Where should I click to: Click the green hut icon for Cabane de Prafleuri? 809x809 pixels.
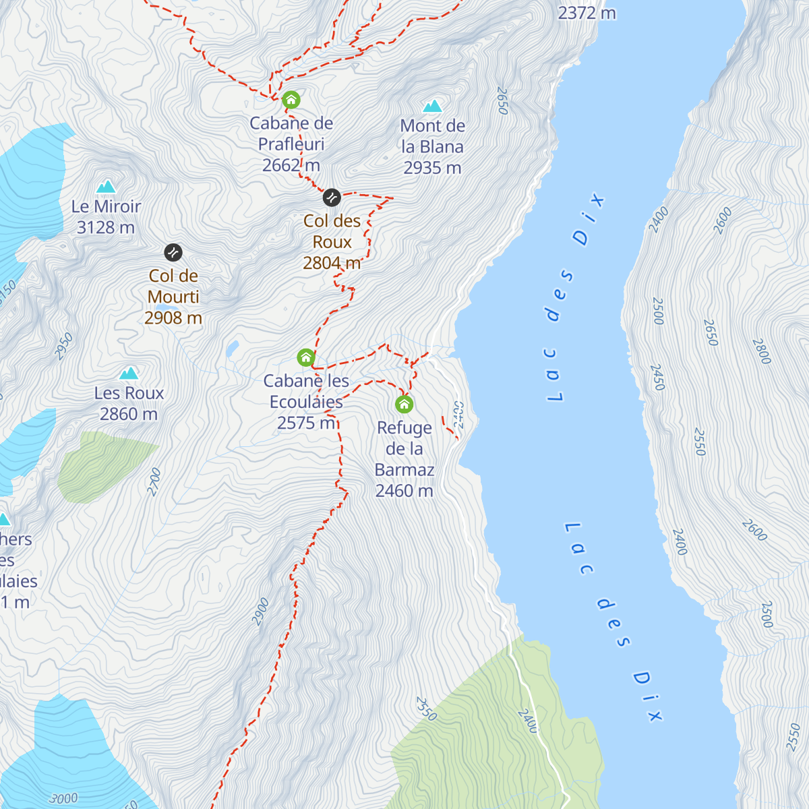[x=291, y=100]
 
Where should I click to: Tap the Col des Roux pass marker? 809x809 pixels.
[x=331, y=198]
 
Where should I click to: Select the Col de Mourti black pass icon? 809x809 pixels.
[x=173, y=253]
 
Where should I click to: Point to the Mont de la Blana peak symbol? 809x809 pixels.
[x=432, y=107]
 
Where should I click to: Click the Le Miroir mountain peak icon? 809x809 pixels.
[x=106, y=187]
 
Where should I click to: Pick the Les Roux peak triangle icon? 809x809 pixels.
[x=129, y=373]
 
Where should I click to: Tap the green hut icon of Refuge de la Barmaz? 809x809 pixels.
[x=404, y=404]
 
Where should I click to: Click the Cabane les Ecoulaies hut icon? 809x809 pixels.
[x=306, y=357]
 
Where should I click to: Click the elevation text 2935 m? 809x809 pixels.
[x=432, y=168]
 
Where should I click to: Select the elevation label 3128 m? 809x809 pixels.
[x=106, y=228]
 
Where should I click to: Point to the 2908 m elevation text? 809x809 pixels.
[x=173, y=318]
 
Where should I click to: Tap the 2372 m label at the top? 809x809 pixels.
[x=587, y=13]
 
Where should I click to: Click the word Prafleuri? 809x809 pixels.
[x=291, y=144]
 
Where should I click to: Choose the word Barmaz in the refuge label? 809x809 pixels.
[x=404, y=470]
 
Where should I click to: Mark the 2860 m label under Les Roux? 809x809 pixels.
[x=129, y=415]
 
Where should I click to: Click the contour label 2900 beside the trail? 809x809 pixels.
[x=261, y=612]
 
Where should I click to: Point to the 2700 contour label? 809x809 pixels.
[x=154, y=482]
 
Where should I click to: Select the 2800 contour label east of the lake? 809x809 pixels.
[x=761, y=351]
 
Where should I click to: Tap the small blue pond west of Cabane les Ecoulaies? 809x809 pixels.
[x=233, y=348]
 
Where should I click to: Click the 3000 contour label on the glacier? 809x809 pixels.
[x=64, y=799]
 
